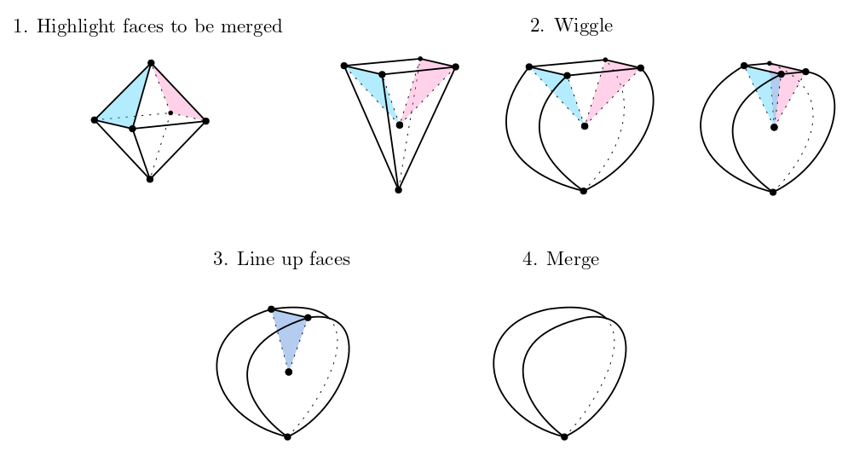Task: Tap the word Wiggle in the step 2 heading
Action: [x=583, y=26]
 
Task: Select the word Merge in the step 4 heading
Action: [x=573, y=259]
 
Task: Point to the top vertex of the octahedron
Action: [x=151, y=63]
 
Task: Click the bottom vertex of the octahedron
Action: [x=150, y=179]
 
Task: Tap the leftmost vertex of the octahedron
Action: [x=94, y=120]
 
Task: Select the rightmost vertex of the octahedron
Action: [x=206, y=121]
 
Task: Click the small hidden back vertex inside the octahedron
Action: [x=170, y=113]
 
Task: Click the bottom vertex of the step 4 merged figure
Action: [x=564, y=436]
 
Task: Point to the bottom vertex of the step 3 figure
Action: [x=287, y=436]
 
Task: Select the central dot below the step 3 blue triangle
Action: [x=289, y=372]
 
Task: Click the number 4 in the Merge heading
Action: [x=528, y=259]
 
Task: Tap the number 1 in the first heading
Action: [x=18, y=27]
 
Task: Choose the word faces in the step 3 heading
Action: [x=327, y=259]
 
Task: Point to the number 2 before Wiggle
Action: [x=535, y=26]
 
